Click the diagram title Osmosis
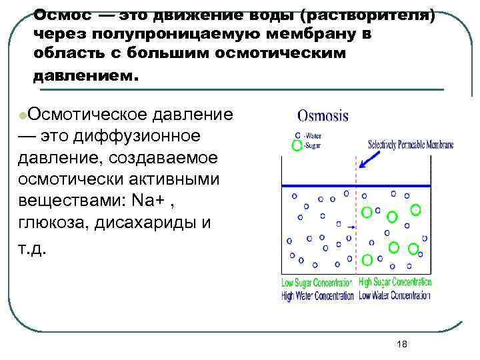[x=323, y=115]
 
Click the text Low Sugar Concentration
[x=319, y=281]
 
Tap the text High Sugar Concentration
[x=395, y=281]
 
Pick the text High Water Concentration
[x=319, y=295]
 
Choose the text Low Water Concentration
[x=395, y=295]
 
